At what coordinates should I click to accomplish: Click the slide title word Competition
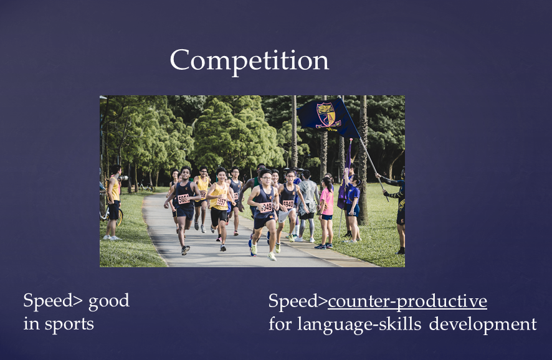pos(249,61)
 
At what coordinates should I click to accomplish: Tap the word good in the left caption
pos(109,301)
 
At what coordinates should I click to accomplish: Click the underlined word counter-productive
pos(407,301)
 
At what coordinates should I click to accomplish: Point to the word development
pos(483,324)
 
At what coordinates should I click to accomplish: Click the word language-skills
pos(359,324)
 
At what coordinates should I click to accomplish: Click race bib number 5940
pos(288,204)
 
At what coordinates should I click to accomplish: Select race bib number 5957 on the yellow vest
pos(221,202)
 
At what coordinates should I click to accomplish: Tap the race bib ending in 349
pos(266,207)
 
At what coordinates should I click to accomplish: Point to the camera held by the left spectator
pos(123,178)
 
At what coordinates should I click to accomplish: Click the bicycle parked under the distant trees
pos(146,187)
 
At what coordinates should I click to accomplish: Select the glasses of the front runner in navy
pos(267,178)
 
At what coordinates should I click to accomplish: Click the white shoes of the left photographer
pos(112,238)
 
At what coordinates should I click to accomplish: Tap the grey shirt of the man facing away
pos(308,192)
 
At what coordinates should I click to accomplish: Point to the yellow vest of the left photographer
pos(115,189)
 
